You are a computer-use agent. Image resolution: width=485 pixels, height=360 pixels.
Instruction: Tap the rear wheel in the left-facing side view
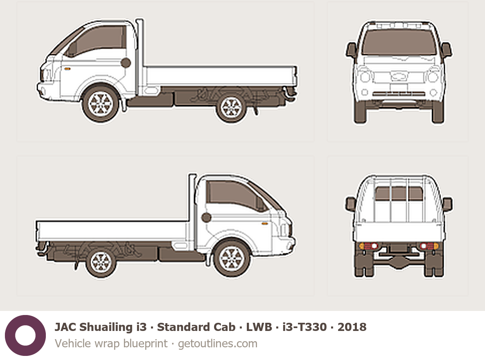point(231,107)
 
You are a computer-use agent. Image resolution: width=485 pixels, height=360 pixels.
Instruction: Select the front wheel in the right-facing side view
point(232,259)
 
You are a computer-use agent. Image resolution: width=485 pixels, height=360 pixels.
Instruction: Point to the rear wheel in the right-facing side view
point(101,262)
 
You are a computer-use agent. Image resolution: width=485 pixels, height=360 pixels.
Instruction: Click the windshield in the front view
point(399,43)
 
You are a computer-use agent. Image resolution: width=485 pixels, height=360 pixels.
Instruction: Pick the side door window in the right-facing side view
point(235,196)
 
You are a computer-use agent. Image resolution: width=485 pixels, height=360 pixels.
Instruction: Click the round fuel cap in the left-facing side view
point(126,63)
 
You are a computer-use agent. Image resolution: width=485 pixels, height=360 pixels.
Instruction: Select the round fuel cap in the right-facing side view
point(206,218)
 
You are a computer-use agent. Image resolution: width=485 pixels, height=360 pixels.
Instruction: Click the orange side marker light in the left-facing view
point(67,69)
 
